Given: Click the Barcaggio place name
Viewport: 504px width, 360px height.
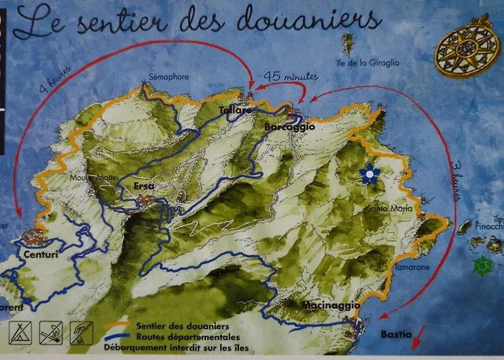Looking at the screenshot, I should [290, 127].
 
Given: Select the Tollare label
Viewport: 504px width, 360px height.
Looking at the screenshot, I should [235, 111].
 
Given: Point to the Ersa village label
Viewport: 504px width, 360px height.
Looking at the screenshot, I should [144, 186].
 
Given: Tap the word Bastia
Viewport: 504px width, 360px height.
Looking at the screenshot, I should [397, 334].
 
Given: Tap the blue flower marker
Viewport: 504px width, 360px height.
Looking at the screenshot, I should [370, 174].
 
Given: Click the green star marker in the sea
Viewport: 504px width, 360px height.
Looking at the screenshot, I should [482, 266].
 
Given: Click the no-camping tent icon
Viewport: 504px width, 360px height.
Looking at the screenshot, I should [19, 332].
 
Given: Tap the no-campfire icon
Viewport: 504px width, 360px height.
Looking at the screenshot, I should [50, 332].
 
